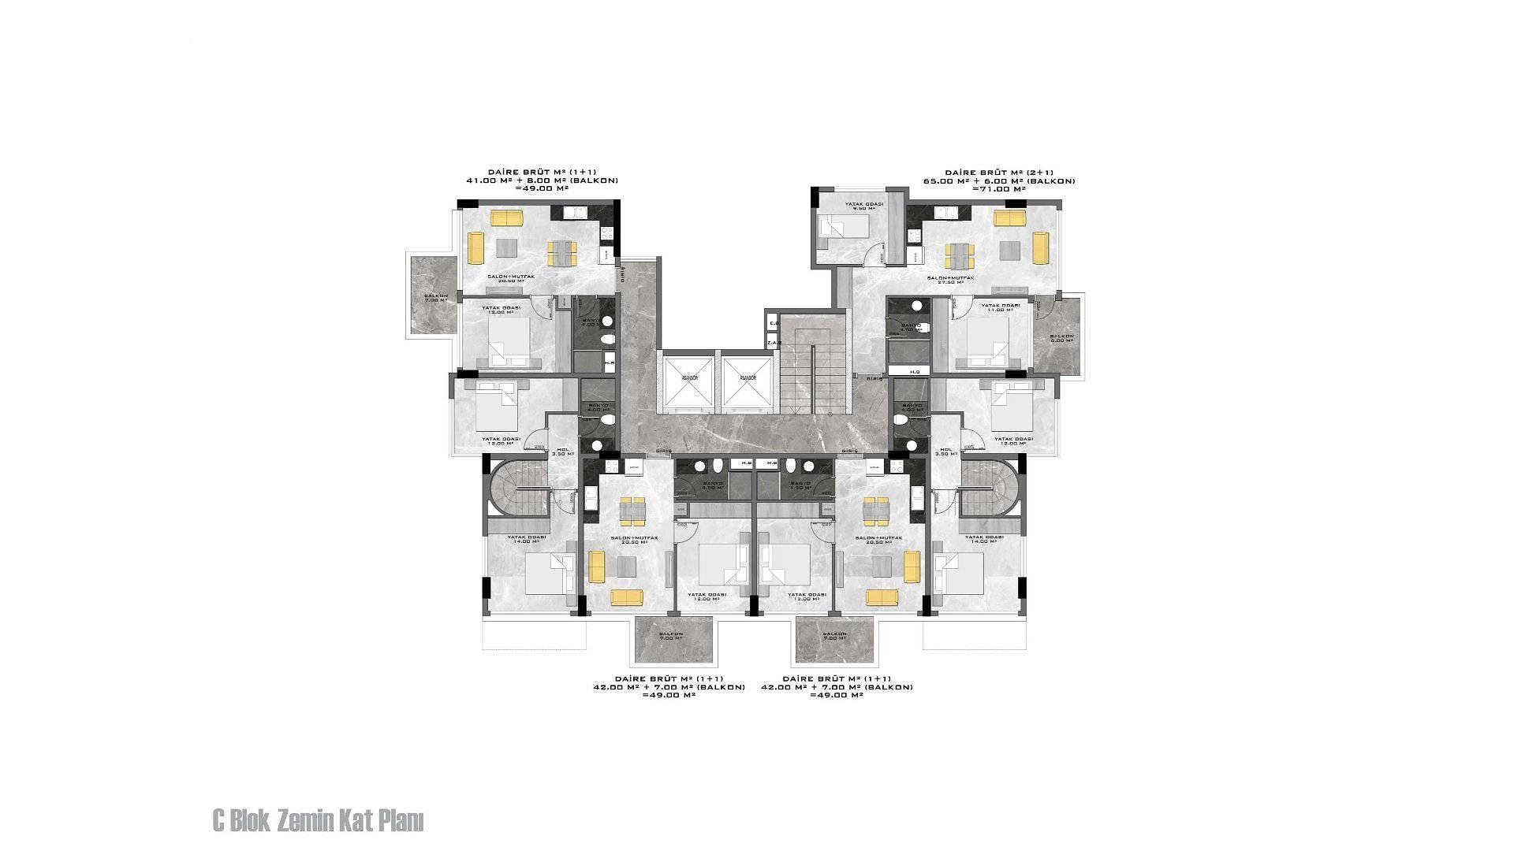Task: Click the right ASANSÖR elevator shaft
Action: click(x=748, y=383)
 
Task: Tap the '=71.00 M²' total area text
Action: click(x=999, y=189)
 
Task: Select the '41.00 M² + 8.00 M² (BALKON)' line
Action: click(x=542, y=180)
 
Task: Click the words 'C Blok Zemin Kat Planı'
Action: click(x=318, y=821)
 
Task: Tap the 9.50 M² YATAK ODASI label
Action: click(x=863, y=207)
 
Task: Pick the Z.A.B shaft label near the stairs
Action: click(x=774, y=342)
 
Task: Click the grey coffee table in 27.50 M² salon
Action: click(x=1009, y=251)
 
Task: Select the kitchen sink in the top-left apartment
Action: click(x=577, y=212)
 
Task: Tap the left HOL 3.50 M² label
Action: click(x=562, y=452)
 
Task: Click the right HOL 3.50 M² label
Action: click(x=945, y=452)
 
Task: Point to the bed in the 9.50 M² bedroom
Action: click(x=845, y=227)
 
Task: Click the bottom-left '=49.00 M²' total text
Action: click(x=668, y=695)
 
